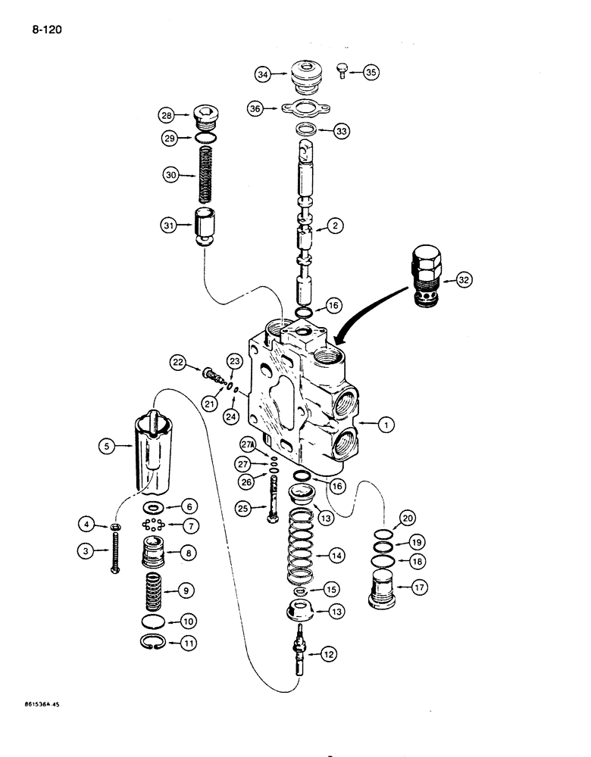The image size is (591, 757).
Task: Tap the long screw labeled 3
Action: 116,548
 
